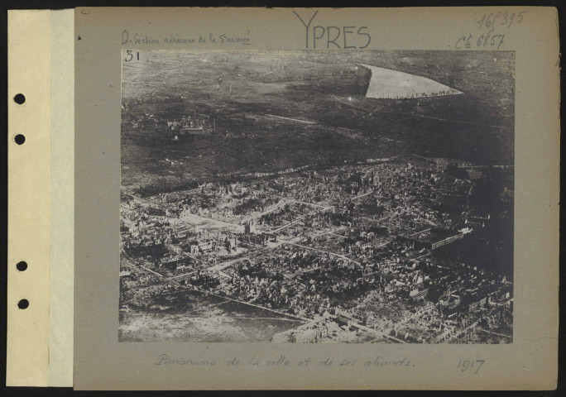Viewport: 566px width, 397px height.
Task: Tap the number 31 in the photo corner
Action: coord(131,56)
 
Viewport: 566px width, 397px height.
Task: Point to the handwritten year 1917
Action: coord(469,365)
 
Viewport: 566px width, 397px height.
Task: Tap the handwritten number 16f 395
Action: coord(500,19)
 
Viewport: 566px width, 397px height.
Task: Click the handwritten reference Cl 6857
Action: coord(480,40)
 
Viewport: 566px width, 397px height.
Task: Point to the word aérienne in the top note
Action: coord(185,37)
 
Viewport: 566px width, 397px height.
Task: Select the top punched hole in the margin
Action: coord(19,98)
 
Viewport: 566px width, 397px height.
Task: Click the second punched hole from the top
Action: coord(19,139)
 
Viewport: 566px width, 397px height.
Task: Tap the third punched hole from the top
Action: coord(21,265)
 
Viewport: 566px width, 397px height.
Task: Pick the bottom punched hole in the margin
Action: coord(22,304)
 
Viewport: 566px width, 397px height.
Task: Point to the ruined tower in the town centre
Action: coord(247,226)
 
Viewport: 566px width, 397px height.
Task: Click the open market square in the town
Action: coord(207,222)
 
